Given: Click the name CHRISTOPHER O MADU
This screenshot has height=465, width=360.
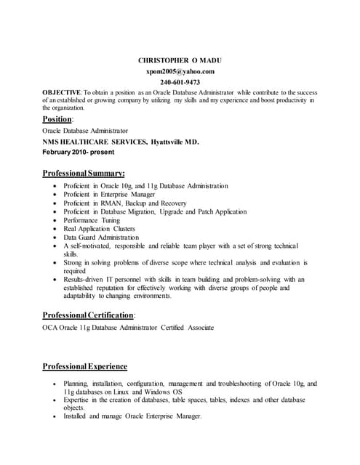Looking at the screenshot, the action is point(180,60).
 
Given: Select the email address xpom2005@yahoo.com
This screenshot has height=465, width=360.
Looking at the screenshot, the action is point(180,71).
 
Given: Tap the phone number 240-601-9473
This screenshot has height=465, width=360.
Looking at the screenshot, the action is point(180,83).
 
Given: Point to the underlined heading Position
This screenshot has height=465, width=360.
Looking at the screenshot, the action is point(57,118).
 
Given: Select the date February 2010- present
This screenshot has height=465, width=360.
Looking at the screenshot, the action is point(79,153).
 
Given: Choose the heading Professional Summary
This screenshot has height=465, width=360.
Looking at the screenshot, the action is point(84,174).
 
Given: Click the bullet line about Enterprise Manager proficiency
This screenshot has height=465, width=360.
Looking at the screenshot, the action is point(109,195).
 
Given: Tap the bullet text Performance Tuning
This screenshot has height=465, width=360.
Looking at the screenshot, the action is point(92,220).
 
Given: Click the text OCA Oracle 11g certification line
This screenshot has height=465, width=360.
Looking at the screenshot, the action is point(128,328).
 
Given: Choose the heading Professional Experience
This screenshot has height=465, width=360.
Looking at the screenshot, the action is point(85,366).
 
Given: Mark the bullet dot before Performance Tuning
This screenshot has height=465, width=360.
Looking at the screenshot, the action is point(56,220).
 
